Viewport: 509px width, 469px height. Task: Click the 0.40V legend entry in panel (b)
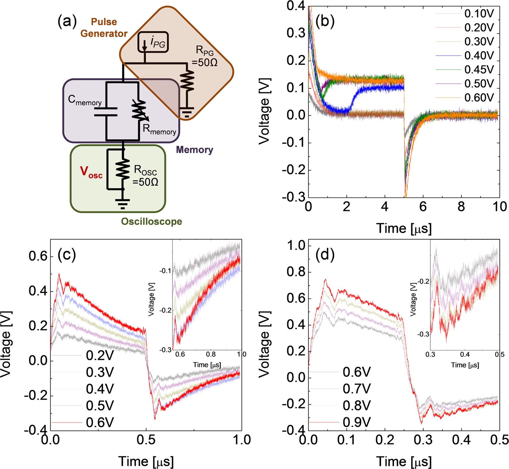479,56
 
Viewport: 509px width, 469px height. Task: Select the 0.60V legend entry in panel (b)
479,97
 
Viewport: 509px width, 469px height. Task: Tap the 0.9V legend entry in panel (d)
356,422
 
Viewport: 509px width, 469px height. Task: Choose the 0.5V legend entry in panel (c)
100,405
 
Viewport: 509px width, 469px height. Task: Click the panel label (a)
67,22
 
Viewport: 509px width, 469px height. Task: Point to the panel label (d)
325,255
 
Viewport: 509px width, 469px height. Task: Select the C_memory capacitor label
85,100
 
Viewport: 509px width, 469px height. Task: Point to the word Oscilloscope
152,222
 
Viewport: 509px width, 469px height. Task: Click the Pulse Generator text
104,28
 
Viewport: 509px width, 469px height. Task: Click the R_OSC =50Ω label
145,176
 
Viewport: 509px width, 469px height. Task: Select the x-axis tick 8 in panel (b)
461,206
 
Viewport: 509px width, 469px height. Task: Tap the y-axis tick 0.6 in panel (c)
38,256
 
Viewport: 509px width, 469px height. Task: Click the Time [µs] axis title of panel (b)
404,228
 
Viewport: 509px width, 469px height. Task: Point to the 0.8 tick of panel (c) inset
211,354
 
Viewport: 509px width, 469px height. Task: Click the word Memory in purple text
195,150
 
